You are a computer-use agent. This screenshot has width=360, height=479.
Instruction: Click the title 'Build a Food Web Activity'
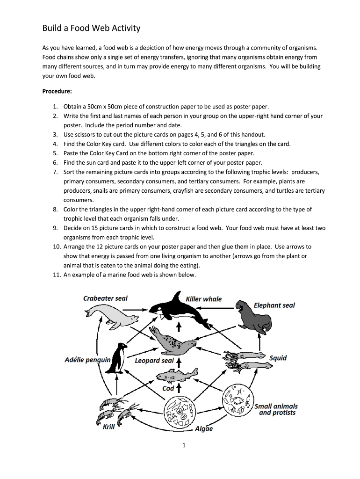(91, 28)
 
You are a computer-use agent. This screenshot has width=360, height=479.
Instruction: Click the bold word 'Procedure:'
(57, 92)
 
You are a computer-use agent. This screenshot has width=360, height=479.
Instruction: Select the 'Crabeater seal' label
(105, 298)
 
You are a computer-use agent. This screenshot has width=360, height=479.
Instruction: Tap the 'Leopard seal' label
(154, 361)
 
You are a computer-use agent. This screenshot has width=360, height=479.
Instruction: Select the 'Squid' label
(278, 358)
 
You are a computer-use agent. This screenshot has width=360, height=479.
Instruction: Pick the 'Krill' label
(108, 427)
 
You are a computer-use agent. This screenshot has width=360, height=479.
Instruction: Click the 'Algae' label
(203, 428)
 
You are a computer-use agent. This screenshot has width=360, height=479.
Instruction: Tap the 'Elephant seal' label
(274, 305)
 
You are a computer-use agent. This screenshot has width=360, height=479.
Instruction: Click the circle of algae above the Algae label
(178, 411)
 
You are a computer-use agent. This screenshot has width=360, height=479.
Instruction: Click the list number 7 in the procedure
(55, 172)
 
